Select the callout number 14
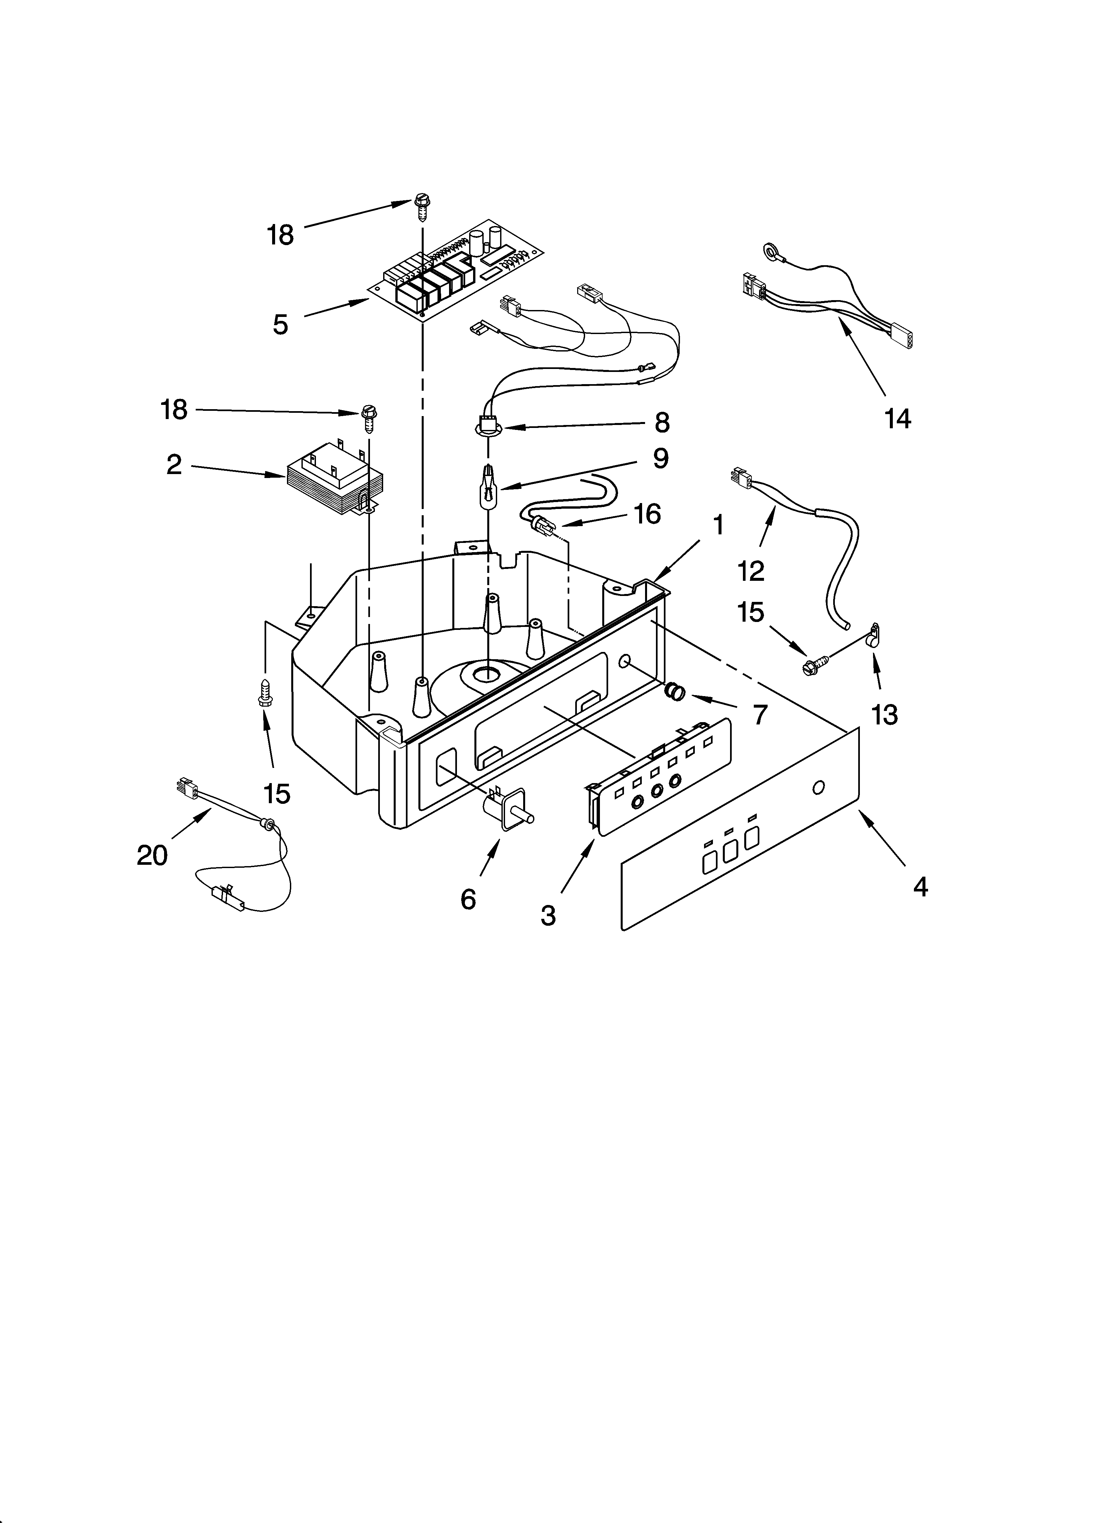(x=897, y=419)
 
